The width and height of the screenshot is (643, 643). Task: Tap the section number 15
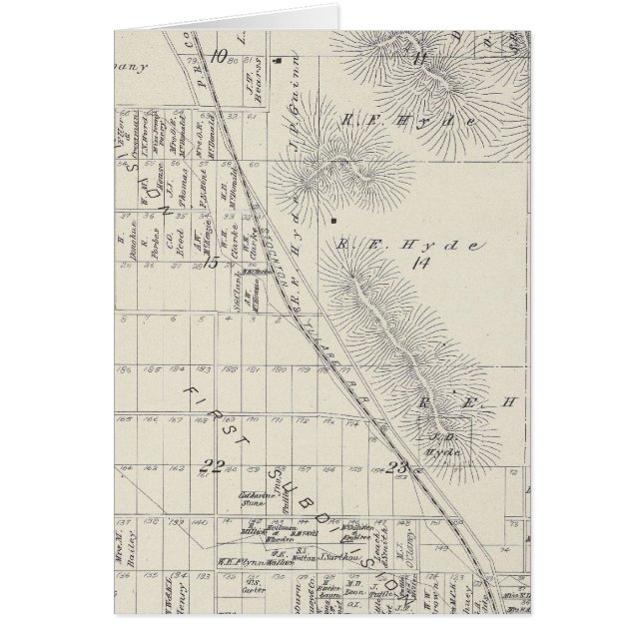click(x=212, y=263)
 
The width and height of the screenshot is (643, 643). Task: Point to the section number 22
click(x=212, y=464)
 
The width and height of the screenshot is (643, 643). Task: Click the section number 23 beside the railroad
click(x=398, y=465)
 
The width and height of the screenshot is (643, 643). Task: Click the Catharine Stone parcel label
click(x=250, y=500)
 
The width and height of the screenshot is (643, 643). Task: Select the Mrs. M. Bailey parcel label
click(x=125, y=548)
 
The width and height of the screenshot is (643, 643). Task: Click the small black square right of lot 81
click(x=283, y=60)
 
